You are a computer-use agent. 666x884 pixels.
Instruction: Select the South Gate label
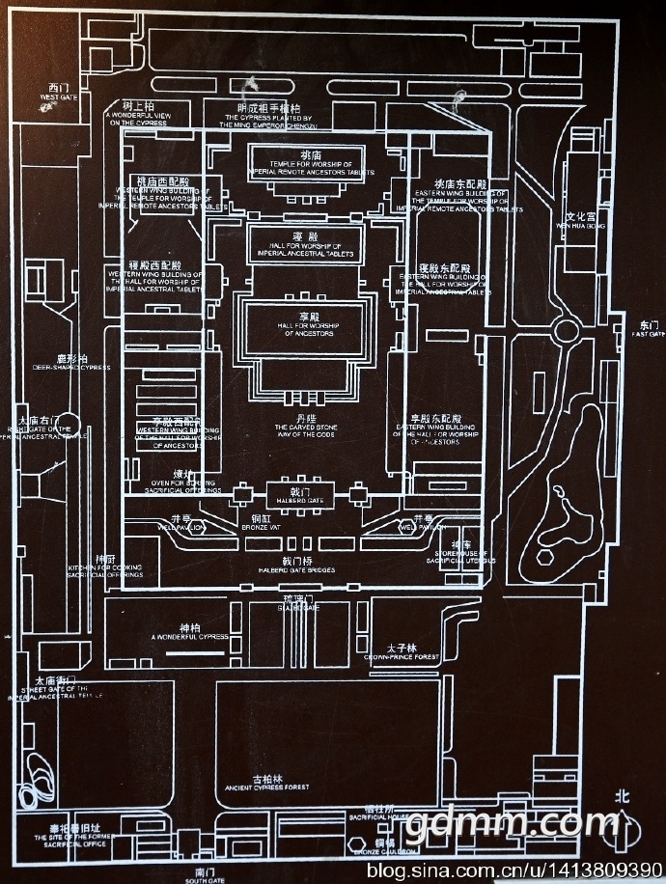[204, 874]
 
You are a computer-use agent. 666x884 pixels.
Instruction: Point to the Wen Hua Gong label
[582, 220]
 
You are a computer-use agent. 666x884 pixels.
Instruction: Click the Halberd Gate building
[302, 494]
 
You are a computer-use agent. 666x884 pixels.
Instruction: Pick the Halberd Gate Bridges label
[295, 565]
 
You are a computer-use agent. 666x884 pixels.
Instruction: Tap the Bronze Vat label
[262, 522]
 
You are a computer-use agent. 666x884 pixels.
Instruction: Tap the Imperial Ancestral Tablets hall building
[304, 244]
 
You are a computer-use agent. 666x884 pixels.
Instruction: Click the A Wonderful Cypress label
[189, 633]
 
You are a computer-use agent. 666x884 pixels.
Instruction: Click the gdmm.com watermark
[512, 823]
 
